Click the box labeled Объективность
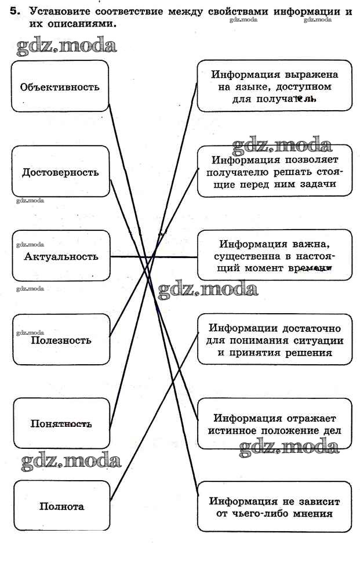(x=60, y=87)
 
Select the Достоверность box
(x=60, y=172)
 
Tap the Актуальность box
(x=60, y=256)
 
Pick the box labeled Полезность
(x=60, y=340)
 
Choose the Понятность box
(x=60, y=423)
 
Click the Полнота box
(x=60, y=506)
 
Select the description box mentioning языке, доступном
(x=274, y=86)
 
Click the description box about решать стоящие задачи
(x=274, y=172)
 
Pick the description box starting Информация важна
(x=274, y=256)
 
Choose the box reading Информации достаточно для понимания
(x=274, y=339)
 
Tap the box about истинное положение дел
(x=274, y=423)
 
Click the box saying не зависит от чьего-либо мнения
(x=274, y=506)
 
